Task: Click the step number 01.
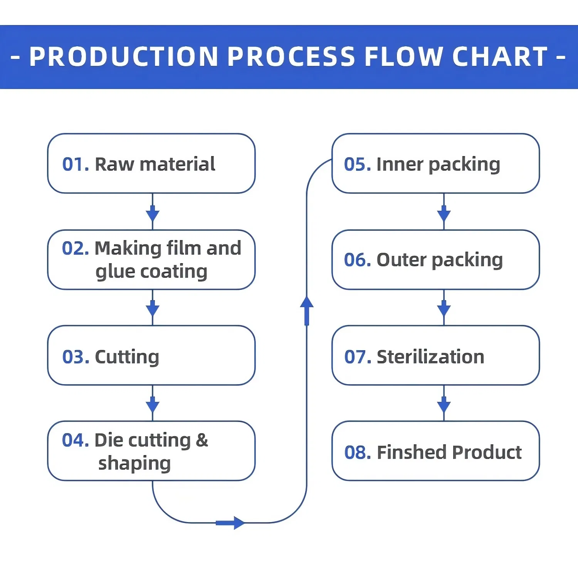76,165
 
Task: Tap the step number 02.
76,249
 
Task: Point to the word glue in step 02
115,272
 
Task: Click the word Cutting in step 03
127,357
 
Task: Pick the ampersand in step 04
202,440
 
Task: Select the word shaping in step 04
134,464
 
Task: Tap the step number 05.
357,165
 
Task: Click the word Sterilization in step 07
430,357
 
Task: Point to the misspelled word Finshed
411,453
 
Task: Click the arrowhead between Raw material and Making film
153,214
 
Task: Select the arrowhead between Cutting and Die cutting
153,405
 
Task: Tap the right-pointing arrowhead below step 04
238,523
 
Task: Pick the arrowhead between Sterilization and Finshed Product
444,405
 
